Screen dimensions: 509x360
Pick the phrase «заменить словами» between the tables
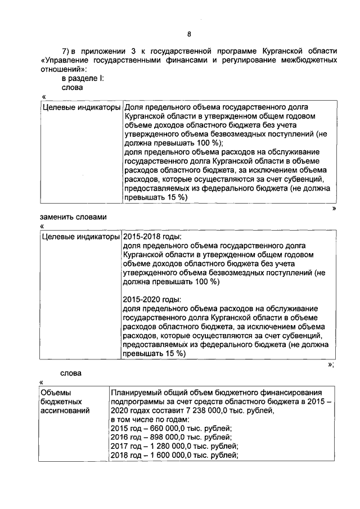point(73,217)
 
